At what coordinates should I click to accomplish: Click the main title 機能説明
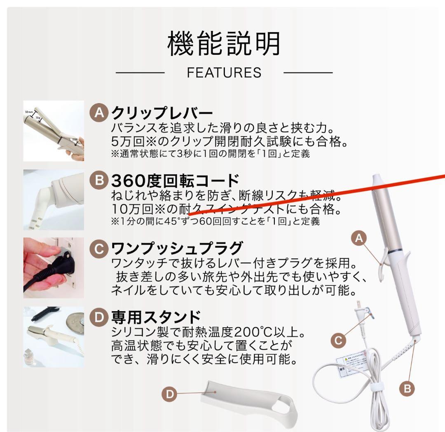click(224, 44)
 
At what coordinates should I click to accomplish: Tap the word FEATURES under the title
click(224, 73)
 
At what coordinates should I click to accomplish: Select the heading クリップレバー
click(162, 113)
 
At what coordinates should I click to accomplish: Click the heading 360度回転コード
click(175, 181)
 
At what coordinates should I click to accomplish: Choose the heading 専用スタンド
click(156, 317)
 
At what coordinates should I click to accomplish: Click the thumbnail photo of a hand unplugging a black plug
click(54, 268)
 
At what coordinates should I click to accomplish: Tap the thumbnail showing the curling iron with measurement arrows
click(54, 131)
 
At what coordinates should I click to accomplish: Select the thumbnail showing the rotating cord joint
click(54, 200)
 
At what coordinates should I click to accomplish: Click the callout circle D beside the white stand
click(169, 394)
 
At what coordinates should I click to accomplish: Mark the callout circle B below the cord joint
click(407, 388)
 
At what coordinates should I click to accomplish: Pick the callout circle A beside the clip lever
click(359, 238)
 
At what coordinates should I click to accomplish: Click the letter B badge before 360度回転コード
click(98, 181)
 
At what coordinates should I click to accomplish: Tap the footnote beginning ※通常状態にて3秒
click(210, 154)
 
